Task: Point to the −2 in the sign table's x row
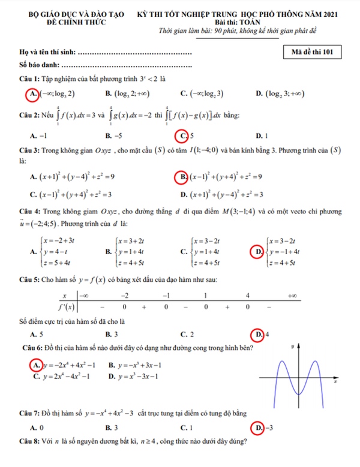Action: point(125,296)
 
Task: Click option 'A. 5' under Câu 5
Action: point(36,334)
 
